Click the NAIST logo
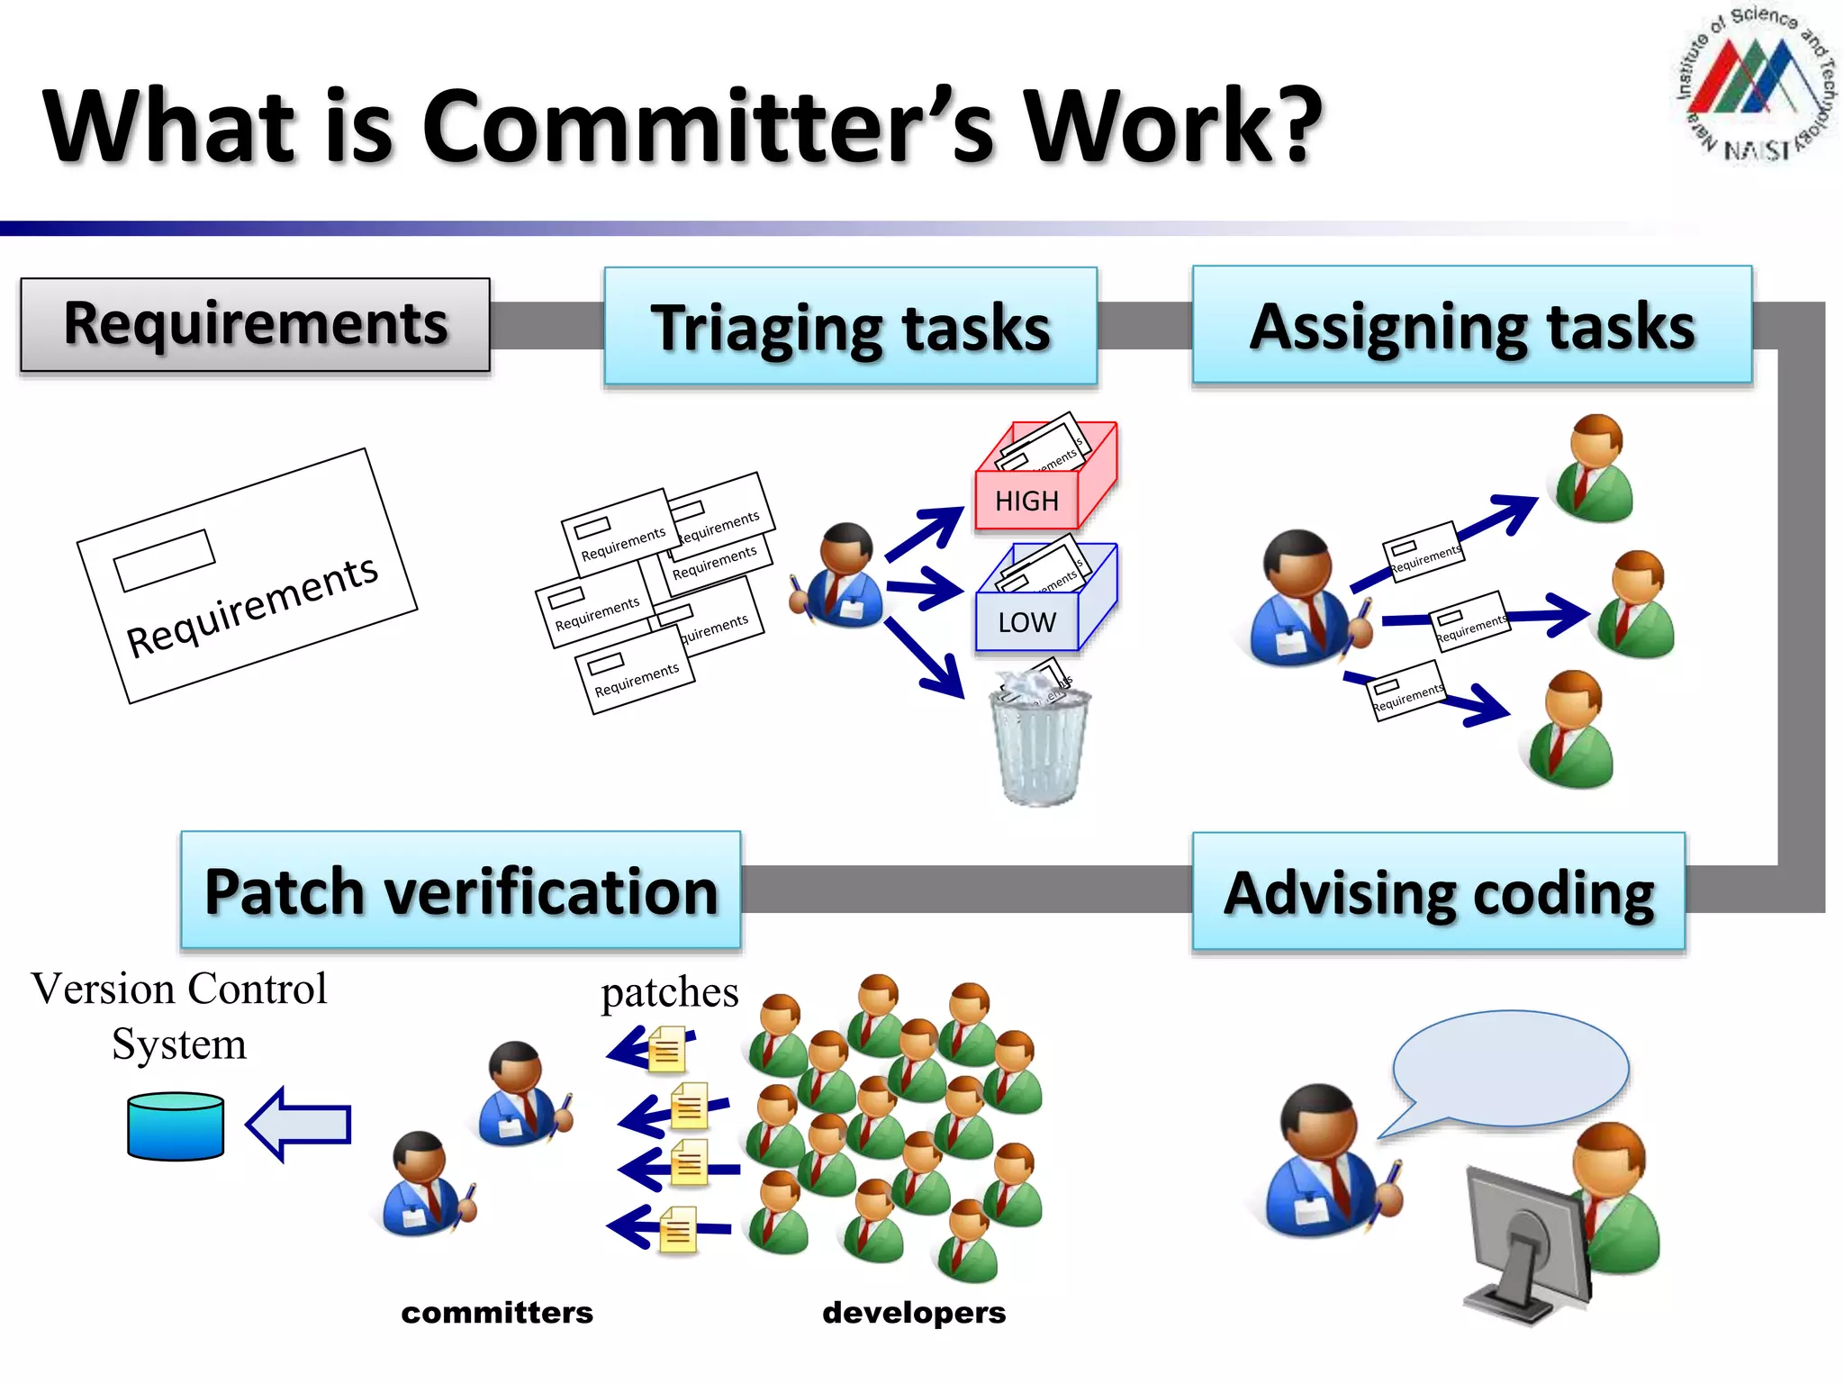pyautogui.click(x=1756, y=86)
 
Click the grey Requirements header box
pyautogui.click(x=255, y=324)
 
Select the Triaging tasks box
pyautogui.click(x=850, y=327)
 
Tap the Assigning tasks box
pyautogui.click(x=1471, y=325)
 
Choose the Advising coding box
pyautogui.click(x=1438, y=891)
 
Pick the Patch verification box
pyautogui.click(x=460, y=890)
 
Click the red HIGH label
pyautogui.click(x=1026, y=501)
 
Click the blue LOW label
pyautogui.click(x=1026, y=622)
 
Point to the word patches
pyautogui.click(x=669, y=992)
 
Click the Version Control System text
pyautogui.click(x=179, y=1016)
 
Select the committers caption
pyautogui.click(x=497, y=1313)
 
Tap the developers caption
pyautogui.click(x=914, y=1313)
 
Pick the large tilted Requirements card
pyautogui.click(x=247, y=575)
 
